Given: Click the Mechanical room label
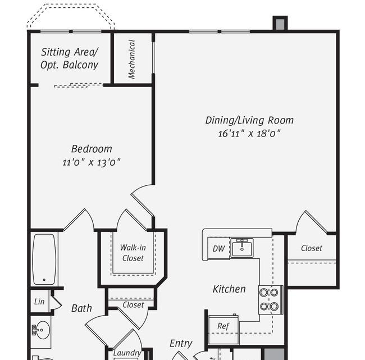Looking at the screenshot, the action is [132, 59].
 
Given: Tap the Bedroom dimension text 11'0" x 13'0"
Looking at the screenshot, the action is [92, 162].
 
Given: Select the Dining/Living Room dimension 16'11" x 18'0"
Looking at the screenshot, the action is [249, 134].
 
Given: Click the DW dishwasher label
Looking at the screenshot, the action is [218, 248].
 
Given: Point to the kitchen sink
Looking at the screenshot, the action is [242, 248].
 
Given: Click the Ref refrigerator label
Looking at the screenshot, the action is [223, 326].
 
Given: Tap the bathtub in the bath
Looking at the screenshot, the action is [44, 259].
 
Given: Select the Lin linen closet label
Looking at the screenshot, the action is [39, 302].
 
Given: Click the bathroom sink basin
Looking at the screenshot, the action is [43, 330].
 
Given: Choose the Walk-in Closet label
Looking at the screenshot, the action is [133, 253].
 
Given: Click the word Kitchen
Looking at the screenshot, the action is [229, 289].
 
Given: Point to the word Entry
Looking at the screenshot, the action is [181, 344].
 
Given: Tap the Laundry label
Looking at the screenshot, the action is [127, 353].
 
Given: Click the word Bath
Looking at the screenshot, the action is [81, 308].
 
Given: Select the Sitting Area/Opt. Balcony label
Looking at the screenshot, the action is [70, 58].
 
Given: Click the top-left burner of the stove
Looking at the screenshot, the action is [264, 292].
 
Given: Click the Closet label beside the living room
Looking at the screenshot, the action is [312, 248].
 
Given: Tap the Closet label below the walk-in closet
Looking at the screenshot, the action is [133, 305].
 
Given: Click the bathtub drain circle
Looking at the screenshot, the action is [44, 280].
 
